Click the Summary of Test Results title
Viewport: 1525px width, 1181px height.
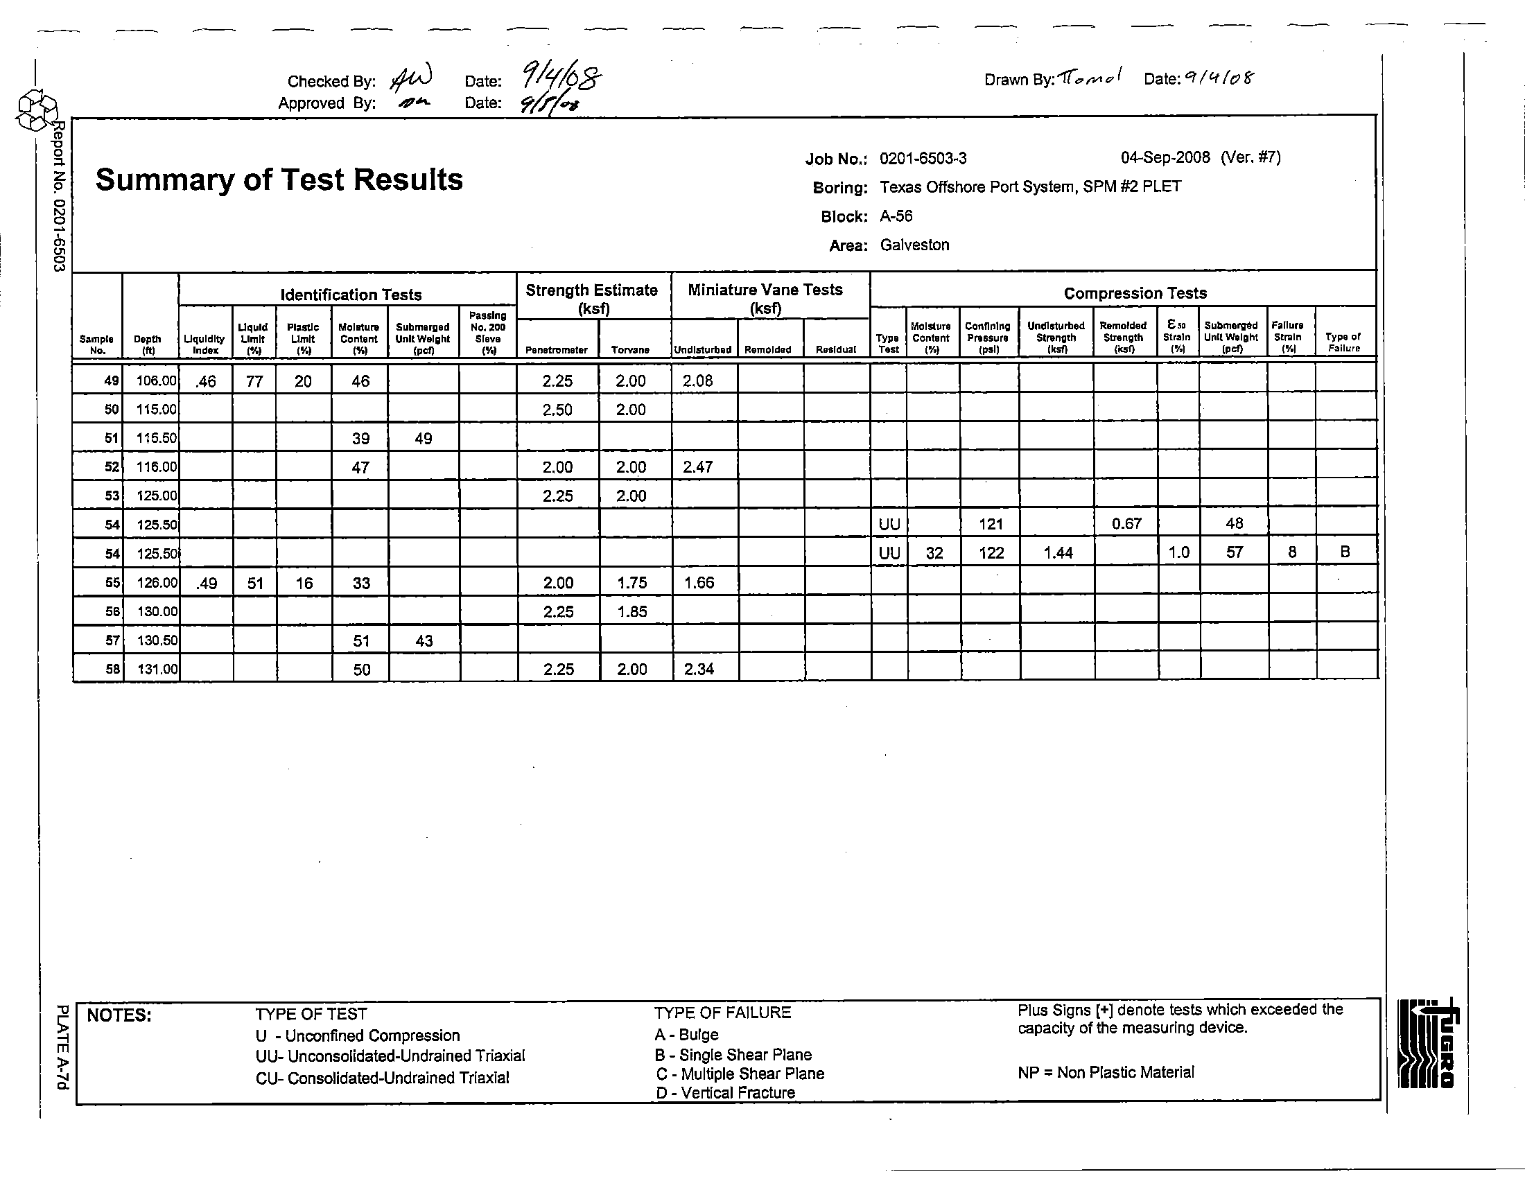coord(279,180)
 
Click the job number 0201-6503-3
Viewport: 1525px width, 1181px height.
coord(923,159)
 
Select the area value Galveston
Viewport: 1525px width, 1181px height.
coord(914,245)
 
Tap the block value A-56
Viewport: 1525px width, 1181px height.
coord(896,216)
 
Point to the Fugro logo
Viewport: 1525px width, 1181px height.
coord(1427,1044)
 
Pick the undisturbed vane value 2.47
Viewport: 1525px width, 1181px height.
coord(697,467)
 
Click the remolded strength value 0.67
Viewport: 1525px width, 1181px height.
coord(1126,523)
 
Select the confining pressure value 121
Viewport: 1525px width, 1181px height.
coord(991,524)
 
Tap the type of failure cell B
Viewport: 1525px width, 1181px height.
coord(1345,552)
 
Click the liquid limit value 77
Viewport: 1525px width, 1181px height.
coord(254,381)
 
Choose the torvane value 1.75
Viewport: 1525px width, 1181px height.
coord(631,583)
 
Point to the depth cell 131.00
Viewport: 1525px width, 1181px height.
coord(157,669)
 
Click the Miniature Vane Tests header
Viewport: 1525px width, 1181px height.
coord(765,298)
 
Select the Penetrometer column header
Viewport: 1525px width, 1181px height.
coord(557,350)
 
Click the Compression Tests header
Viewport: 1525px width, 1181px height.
coord(1135,293)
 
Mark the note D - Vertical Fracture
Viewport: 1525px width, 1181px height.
coord(725,1093)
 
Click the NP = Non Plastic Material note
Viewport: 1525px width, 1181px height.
coord(1106,1072)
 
